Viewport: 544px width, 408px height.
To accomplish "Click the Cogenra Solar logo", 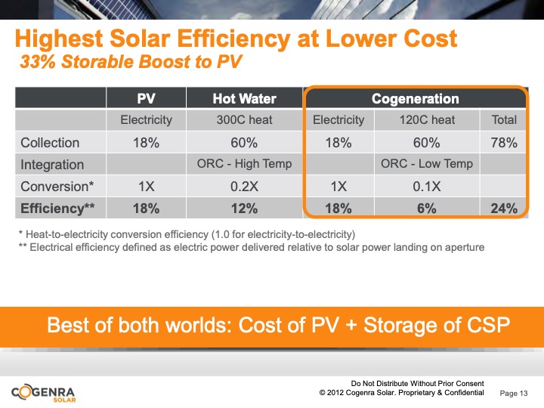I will [x=43, y=393].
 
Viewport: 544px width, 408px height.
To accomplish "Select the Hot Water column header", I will [x=244, y=99].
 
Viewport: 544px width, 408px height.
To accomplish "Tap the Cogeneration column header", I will [x=415, y=99].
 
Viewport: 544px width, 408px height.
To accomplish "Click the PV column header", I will [x=146, y=99].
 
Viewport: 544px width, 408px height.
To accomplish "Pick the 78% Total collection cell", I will [x=504, y=143].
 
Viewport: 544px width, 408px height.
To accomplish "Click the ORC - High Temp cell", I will [x=244, y=164].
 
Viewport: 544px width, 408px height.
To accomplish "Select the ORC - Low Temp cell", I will [x=427, y=164].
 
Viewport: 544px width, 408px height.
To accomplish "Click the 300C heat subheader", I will [x=244, y=120].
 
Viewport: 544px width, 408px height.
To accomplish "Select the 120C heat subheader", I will [x=427, y=120].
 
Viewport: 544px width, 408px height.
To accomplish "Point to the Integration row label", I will [x=52, y=165].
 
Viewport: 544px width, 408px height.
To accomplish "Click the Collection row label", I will [x=50, y=143].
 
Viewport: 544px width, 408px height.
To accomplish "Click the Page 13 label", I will [x=515, y=394].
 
